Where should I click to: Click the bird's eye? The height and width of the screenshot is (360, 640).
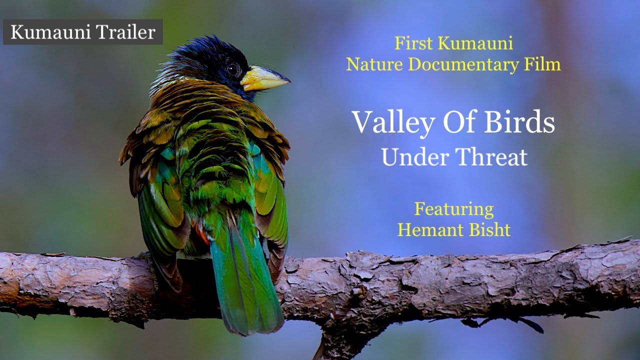233,69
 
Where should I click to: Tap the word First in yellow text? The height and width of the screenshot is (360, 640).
414,43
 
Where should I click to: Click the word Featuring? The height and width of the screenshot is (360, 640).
453,209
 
